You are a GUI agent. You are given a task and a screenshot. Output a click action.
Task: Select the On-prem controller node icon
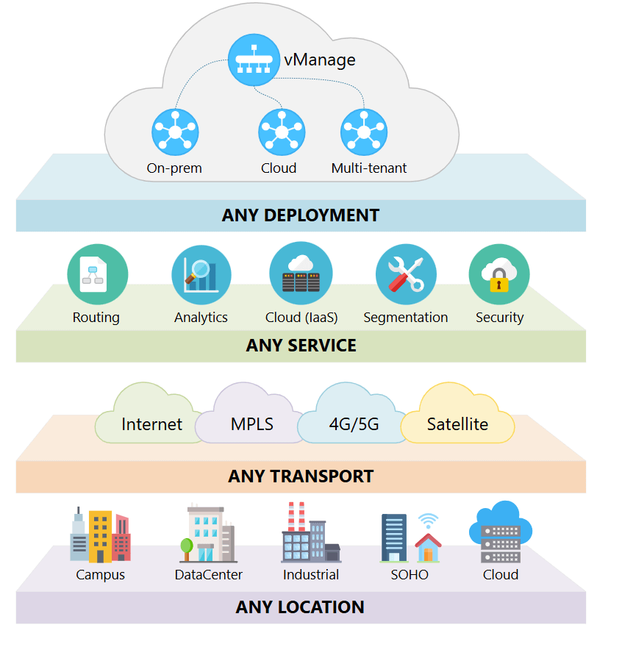coord(175,132)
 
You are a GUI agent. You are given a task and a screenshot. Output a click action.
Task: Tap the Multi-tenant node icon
coord(364,132)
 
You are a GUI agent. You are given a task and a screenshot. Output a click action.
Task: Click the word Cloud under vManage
coord(279,168)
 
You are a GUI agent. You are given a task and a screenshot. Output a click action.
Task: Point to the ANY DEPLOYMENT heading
coord(300,215)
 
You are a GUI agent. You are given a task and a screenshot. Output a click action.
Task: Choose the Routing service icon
coord(97,274)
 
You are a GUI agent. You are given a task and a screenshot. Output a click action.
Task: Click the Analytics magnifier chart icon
coord(201,275)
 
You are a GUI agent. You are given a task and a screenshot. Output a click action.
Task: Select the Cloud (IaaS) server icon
coord(301,274)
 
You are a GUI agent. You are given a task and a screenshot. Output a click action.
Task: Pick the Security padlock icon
coord(498,274)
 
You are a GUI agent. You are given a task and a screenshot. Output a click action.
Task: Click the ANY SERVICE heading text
coord(301,346)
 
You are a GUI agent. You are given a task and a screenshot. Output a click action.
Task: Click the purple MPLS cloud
coord(252,423)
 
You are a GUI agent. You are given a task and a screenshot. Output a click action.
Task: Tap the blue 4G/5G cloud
coord(354,423)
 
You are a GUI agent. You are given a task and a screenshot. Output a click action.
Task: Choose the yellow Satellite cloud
coord(457,423)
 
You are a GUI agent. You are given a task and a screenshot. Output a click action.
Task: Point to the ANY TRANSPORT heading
coord(301,476)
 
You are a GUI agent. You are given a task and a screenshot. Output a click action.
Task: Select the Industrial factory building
coord(310,535)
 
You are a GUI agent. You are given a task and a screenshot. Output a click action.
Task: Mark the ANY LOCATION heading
coord(300,607)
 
